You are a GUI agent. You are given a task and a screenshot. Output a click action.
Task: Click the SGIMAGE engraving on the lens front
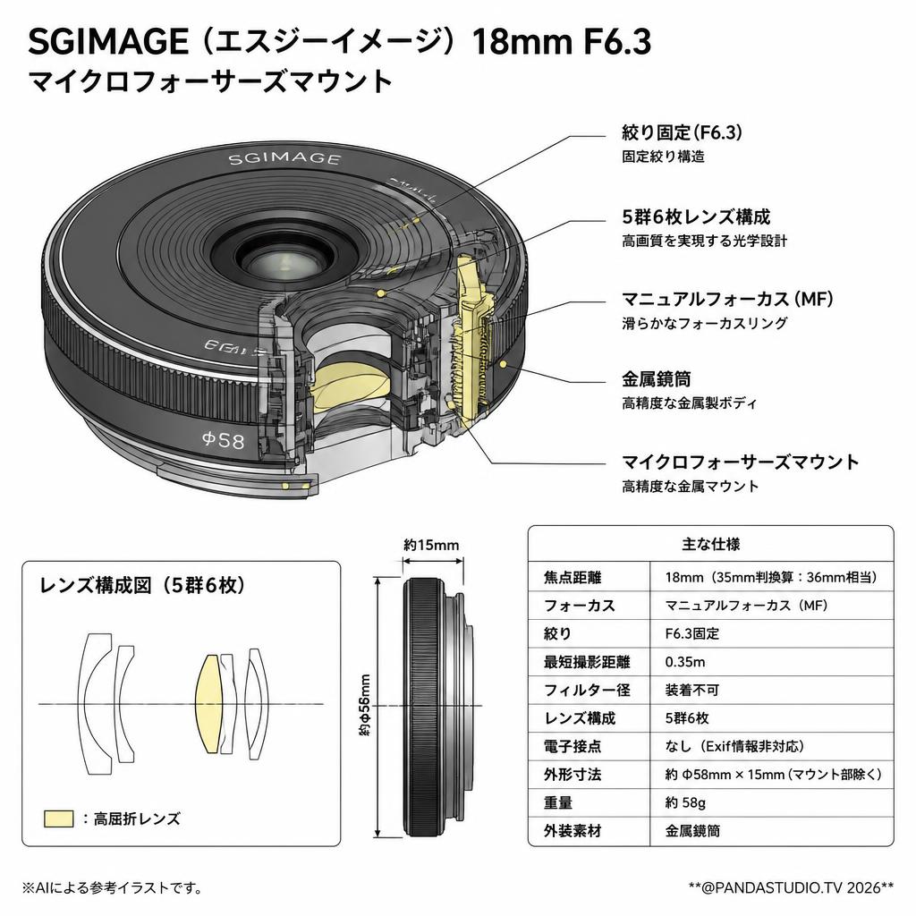tap(284, 159)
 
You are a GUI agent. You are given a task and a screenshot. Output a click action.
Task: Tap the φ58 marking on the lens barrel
tap(223, 439)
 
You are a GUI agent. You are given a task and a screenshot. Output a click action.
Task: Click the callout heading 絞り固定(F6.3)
tap(682, 132)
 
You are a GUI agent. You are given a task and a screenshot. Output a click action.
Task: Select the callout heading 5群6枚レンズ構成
tap(696, 216)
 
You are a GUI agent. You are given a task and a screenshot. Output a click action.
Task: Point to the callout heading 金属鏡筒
tap(656, 379)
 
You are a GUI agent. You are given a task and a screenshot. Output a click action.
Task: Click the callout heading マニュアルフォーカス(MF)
tap(727, 299)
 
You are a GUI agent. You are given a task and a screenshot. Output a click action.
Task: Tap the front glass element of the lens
tap(284, 260)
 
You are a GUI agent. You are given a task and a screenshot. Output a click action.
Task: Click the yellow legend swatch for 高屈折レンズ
tap(59, 818)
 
